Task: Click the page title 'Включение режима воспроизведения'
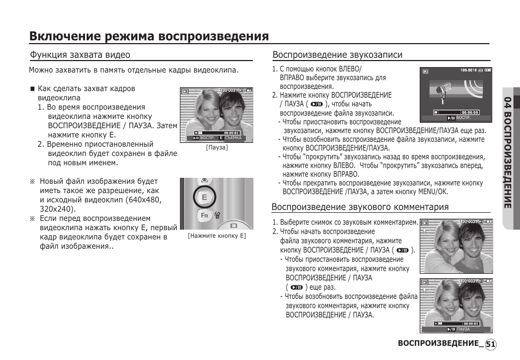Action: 149,36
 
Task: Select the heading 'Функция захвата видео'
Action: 80,55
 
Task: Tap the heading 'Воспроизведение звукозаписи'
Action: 337,55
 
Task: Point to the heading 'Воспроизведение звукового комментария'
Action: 360,207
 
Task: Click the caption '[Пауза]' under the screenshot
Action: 216,148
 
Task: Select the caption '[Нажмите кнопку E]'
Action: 217,236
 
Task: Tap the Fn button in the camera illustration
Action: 204,215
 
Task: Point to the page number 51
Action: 490,344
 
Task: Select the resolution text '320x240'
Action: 56,209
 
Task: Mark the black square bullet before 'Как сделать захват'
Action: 33,88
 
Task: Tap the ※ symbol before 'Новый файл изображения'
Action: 32,181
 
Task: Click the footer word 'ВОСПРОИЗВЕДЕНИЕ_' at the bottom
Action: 440,344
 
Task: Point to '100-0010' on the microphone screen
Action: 468,70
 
